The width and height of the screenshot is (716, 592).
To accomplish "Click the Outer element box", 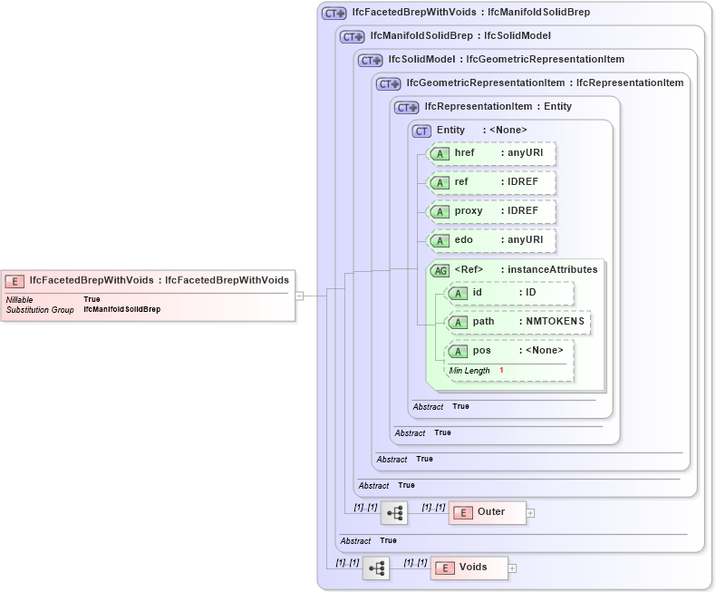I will pyautogui.click(x=488, y=512).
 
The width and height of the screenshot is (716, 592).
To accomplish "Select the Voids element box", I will pyautogui.click(x=469, y=568).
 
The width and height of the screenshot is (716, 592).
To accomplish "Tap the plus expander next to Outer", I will pyautogui.click(x=531, y=513).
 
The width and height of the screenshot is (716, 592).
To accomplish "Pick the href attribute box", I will pyautogui.click(x=492, y=153).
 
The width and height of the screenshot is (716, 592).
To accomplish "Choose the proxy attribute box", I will pyautogui.click(x=492, y=211).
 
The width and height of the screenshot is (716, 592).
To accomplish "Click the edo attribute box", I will pyautogui.click(x=492, y=240).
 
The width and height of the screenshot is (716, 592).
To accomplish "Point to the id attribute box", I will pyautogui.click(x=510, y=293).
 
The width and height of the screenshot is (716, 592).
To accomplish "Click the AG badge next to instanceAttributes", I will pyautogui.click(x=440, y=270).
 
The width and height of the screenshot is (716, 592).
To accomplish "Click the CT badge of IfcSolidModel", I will pyautogui.click(x=371, y=61).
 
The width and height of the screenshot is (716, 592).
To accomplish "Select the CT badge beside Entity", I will pyautogui.click(x=421, y=131).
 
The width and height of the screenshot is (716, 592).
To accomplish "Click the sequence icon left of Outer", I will pyautogui.click(x=394, y=513).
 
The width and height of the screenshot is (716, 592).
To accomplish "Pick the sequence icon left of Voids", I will pyautogui.click(x=376, y=568).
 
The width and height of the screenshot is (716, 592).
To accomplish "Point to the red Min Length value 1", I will pyautogui.click(x=501, y=371).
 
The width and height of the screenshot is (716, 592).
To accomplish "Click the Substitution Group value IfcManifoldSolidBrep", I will pyautogui.click(x=121, y=310).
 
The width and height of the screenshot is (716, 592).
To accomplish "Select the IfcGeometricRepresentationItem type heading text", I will pyautogui.click(x=486, y=83).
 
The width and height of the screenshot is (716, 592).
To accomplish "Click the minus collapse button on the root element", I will pyautogui.click(x=299, y=296).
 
